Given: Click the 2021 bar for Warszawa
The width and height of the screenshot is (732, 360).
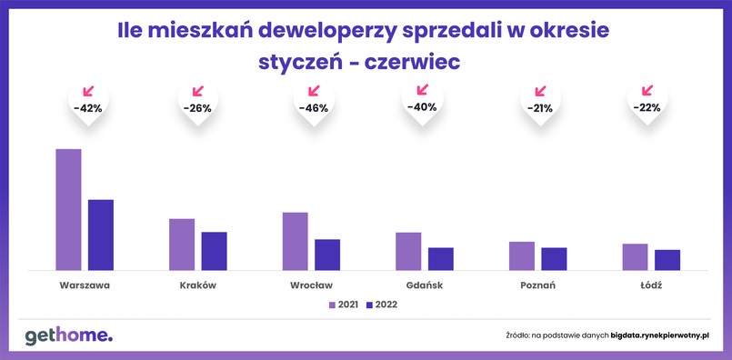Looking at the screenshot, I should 68,209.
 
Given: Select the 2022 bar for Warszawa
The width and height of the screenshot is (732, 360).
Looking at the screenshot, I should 100,235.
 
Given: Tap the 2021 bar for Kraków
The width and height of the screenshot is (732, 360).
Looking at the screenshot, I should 182,244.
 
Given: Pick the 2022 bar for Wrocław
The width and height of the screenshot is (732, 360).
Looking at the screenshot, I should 326,255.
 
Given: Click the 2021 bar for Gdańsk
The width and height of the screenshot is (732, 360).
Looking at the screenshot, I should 408,251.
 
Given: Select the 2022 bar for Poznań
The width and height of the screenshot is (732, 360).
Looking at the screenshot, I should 554,259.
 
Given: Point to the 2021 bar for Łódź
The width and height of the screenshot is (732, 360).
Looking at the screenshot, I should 635,256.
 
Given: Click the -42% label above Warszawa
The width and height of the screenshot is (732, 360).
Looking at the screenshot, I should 87,108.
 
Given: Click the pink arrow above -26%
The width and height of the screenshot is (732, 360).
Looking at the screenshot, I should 198,91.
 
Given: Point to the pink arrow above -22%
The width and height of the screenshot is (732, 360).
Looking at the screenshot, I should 647,90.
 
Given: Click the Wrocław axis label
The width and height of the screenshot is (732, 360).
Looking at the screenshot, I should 311,285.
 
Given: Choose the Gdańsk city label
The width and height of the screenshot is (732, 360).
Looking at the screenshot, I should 424,285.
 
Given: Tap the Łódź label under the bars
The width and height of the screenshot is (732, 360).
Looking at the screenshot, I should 650,285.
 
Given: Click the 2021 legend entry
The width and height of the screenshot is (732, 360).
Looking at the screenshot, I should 343,305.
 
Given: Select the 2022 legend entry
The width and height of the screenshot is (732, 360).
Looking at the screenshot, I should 381,305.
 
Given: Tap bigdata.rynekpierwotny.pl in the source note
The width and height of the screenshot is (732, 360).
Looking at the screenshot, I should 659,336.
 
